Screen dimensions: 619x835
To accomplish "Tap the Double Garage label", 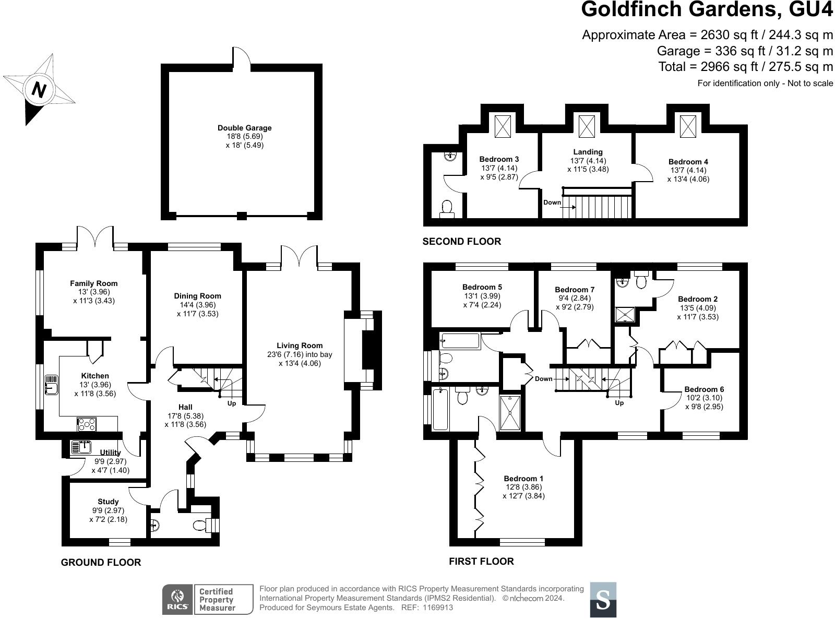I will (x=244, y=128).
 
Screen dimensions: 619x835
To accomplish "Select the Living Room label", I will (x=300, y=346).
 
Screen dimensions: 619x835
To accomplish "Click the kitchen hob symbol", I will (x=87, y=424).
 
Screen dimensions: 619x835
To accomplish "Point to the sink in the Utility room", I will (x=81, y=447).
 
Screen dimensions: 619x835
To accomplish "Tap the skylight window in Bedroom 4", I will (x=688, y=125).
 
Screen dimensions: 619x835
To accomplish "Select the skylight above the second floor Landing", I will (x=587, y=125).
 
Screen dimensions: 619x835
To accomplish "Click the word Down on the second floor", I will (x=552, y=203).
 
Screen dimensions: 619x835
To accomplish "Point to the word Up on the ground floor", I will (x=232, y=403).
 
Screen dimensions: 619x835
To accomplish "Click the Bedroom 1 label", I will (x=523, y=479).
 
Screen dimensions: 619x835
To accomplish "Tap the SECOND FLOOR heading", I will (x=461, y=241).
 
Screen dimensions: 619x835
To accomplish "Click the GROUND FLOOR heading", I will (x=101, y=562).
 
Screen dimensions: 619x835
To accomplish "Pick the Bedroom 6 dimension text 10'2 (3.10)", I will (x=704, y=398).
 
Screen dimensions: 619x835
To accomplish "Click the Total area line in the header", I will (x=745, y=67).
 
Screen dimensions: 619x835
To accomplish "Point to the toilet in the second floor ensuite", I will (x=447, y=209).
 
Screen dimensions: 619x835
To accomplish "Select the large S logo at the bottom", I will (x=603, y=600).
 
